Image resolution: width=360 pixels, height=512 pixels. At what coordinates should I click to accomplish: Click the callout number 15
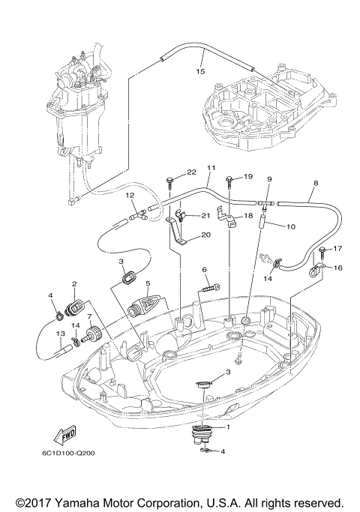(x=199, y=72)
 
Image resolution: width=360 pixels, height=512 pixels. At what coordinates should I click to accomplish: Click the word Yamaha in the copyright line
(x=85, y=502)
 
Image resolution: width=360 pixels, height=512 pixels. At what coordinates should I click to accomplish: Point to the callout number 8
(x=315, y=183)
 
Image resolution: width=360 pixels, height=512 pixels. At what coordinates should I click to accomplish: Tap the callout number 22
(x=170, y=172)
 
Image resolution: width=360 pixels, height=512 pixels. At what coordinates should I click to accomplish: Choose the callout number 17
(x=337, y=248)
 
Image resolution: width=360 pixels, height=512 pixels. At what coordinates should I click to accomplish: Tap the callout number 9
(x=269, y=179)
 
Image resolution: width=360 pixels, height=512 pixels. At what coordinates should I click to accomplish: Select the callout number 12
(x=129, y=195)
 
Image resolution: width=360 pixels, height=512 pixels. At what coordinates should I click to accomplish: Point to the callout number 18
(x=247, y=215)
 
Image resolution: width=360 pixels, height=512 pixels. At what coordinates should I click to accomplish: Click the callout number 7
(x=90, y=318)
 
